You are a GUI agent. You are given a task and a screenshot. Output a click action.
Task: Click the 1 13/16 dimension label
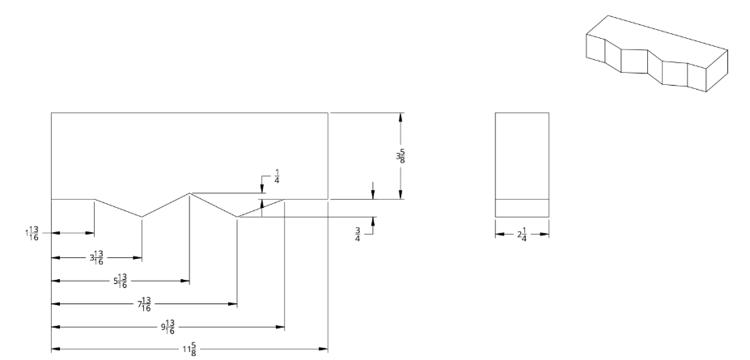click(32, 233)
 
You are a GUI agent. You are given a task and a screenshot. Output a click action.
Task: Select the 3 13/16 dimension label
click(96, 259)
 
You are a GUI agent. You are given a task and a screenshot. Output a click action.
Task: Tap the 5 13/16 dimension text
click(121, 282)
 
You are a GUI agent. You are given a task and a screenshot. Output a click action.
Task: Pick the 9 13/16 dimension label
click(168, 328)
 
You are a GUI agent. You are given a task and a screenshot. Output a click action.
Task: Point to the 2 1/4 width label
click(522, 234)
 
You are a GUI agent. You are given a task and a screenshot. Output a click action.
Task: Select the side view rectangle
click(522, 164)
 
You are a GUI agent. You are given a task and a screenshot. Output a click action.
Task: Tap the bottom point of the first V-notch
click(142, 217)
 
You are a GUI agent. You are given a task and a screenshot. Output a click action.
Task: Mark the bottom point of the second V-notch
click(237, 217)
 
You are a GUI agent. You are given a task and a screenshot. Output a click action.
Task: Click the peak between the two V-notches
click(189, 193)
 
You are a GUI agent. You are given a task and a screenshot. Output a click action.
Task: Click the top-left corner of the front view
click(51, 112)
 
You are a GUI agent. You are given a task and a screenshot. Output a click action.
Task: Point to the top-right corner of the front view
click(328, 112)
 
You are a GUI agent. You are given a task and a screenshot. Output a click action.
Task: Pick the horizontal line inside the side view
click(522, 199)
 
